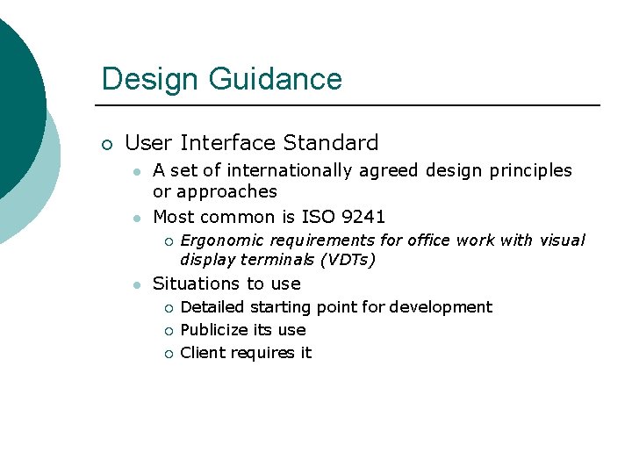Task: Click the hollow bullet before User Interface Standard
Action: point(106,145)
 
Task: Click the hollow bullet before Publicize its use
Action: point(169,331)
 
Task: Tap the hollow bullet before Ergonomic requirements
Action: point(169,241)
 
